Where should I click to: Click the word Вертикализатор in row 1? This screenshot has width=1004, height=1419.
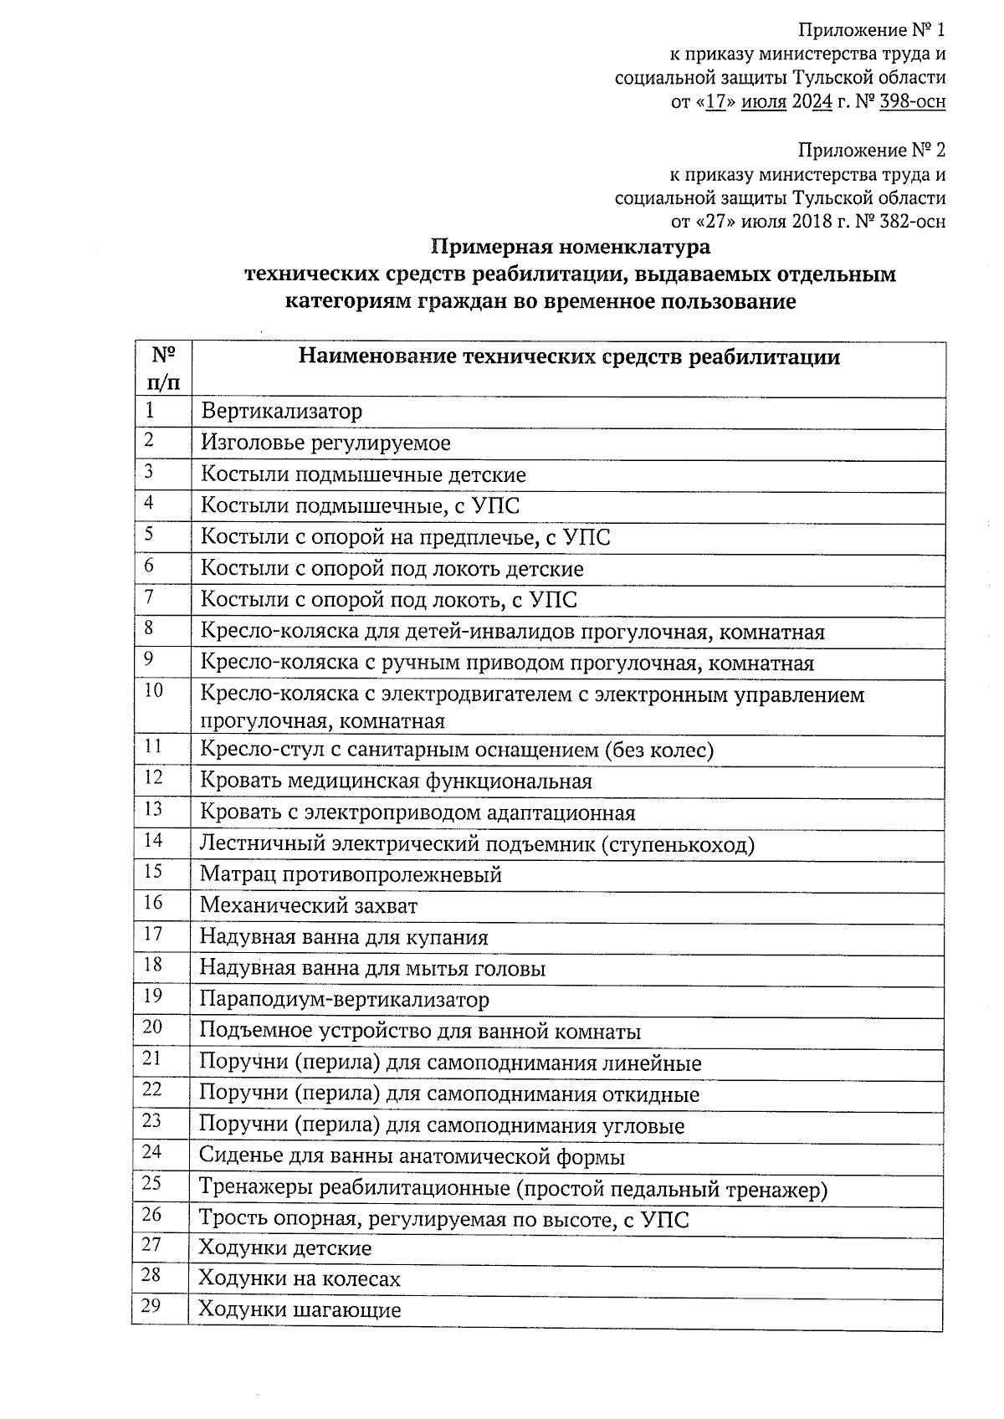(281, 412)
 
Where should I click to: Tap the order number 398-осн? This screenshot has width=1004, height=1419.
(913, 103)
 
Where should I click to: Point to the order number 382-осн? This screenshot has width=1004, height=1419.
(913, 223)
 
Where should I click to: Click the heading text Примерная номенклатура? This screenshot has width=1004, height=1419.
(571, 247)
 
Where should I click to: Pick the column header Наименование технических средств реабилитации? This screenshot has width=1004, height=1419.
(569, 358)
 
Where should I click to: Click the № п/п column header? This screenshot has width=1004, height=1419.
(162, 369)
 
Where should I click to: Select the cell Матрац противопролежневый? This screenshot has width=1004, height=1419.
(351, 875)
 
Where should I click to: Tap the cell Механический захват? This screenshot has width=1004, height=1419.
(308, 906)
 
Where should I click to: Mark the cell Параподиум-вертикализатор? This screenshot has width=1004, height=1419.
(344, 1000)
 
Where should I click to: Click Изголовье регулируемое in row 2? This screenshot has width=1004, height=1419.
(325, 443)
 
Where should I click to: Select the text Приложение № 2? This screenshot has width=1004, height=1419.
(871, 151)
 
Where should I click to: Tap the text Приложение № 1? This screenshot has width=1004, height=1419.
(871, 31)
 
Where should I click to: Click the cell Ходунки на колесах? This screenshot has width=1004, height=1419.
(300, 1279)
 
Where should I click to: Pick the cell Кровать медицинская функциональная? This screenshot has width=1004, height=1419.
(396, 781)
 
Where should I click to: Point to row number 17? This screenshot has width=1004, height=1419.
(152, 934)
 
